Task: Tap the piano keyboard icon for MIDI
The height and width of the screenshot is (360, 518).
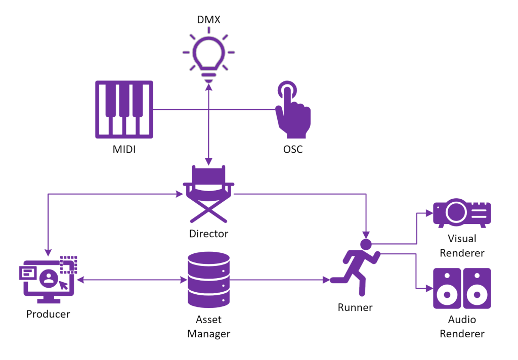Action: click(x=124, y=109)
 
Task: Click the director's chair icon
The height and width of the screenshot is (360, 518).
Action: click(x=208, y=195)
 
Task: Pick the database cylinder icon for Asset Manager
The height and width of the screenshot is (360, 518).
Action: click(x=208, y=280)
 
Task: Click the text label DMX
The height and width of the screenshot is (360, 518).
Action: click(x=208, y=20)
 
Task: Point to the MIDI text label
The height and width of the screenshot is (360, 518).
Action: click(x=124, y=150)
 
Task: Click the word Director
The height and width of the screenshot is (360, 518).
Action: click(x=208, y=234)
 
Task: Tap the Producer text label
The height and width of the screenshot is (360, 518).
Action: click(x=48, y=314)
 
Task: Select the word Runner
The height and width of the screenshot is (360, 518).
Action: click(x=355, y=307)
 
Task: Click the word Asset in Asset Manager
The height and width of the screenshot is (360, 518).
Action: click(x=208, y=320)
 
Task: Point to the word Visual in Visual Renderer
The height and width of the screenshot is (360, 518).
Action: click(x=462, y=239)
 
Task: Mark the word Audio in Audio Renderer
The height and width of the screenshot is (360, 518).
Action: click(x=462, y=320)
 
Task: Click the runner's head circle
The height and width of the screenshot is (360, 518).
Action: click(x=366, y=245)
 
